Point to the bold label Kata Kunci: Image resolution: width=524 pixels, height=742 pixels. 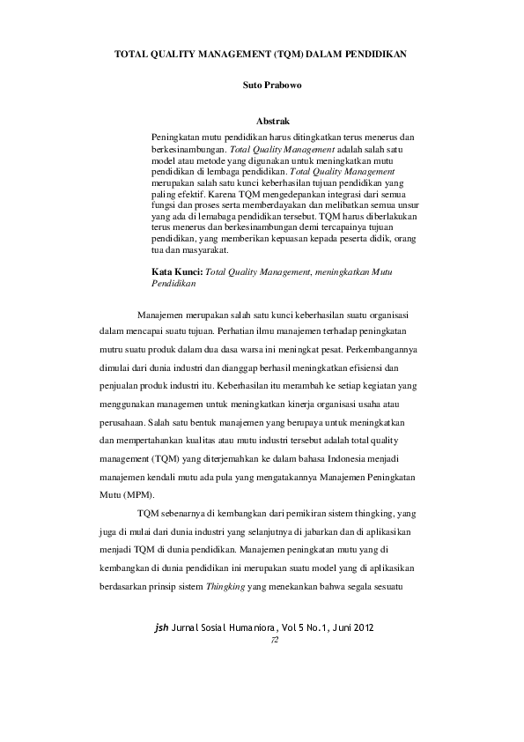tap(177, 273)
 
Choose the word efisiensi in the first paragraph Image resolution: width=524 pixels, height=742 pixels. tap(364, 367)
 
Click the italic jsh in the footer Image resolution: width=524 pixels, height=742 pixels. tap(160, 628)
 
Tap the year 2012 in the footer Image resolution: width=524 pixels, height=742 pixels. tap(368, 628)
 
